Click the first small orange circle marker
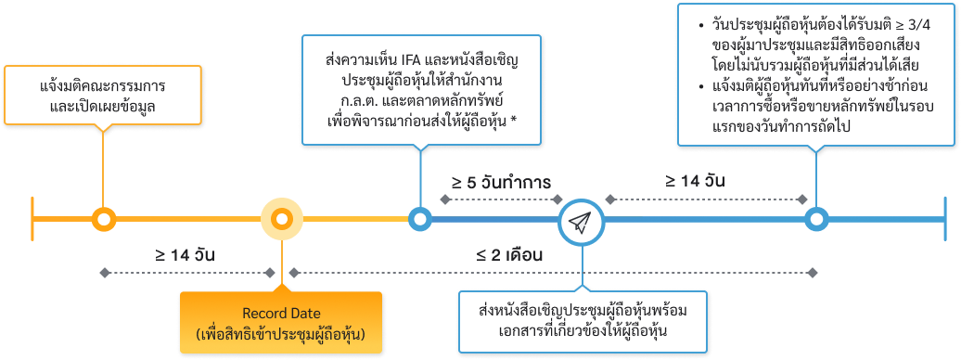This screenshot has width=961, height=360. tap(104, 220)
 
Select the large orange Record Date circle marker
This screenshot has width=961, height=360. tap(280, 220)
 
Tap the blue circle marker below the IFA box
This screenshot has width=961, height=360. tap(420, 220)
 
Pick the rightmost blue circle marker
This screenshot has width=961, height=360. tap(815, 220)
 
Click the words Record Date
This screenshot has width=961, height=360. tap(279, 313)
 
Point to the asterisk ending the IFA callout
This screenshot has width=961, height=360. tap(515, 120)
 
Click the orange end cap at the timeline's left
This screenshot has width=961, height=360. tap(33, 220)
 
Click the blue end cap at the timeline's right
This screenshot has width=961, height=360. tap(945, 220)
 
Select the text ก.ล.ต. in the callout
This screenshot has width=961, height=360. tap(361, 100)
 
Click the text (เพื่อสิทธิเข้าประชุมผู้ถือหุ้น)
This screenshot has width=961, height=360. tap(279, 332)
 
